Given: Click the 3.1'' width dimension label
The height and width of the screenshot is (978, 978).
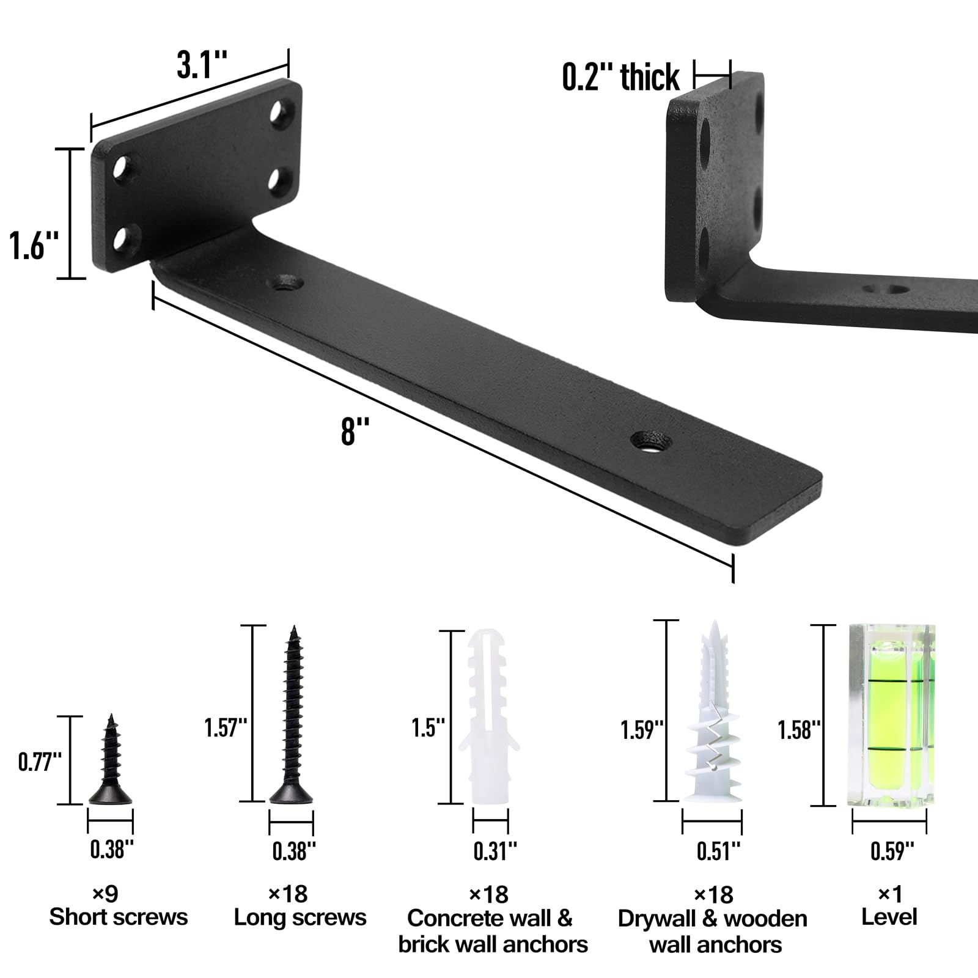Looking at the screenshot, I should coord(202,65).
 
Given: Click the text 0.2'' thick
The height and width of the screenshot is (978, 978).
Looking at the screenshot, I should coord(620,78).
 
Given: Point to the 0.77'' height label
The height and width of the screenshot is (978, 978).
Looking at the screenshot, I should coord(40,763).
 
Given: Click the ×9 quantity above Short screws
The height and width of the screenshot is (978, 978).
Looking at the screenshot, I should coord(105,894).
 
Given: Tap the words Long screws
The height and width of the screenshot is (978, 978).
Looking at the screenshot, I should coord(300,917).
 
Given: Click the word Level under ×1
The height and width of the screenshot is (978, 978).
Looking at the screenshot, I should coord(889,916).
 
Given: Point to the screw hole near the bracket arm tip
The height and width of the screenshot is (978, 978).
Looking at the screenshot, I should coord(651,440).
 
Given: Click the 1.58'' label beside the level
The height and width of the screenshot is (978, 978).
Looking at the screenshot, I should coord(798,729).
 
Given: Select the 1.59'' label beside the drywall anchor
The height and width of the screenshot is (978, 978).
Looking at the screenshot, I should coord(642,730).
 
